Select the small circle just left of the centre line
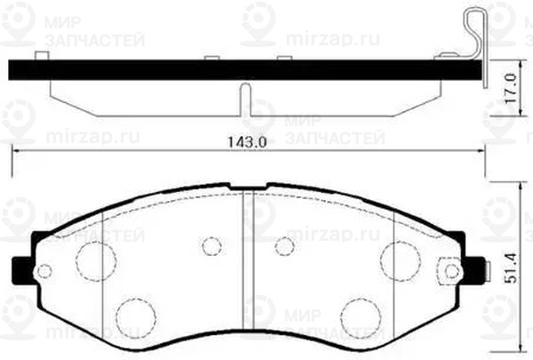tap(211, 245)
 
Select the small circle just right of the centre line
tap(283, 245)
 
